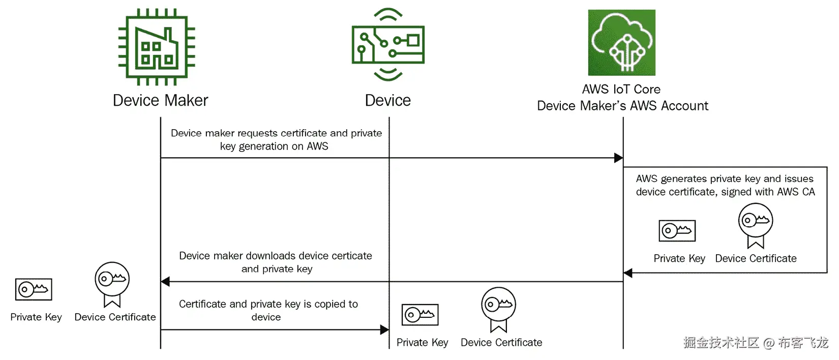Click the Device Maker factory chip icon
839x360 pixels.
157,47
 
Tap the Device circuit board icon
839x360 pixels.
388,44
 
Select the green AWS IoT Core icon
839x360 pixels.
622,43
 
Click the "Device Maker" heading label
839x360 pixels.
160,100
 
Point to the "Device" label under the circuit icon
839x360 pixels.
388,100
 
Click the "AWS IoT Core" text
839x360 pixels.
621,89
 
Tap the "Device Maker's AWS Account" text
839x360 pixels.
622,106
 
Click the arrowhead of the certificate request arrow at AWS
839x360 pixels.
619,158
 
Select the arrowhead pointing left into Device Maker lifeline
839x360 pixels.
165,281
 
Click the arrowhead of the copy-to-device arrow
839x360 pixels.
384,329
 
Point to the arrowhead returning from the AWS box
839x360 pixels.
628,273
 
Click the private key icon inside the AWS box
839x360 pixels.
677,231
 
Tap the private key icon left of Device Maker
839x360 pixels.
34,289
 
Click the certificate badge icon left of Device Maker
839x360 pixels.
112,284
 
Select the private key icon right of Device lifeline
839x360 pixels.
420,315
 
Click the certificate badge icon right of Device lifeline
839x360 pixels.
499,310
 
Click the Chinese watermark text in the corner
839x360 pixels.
756,342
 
